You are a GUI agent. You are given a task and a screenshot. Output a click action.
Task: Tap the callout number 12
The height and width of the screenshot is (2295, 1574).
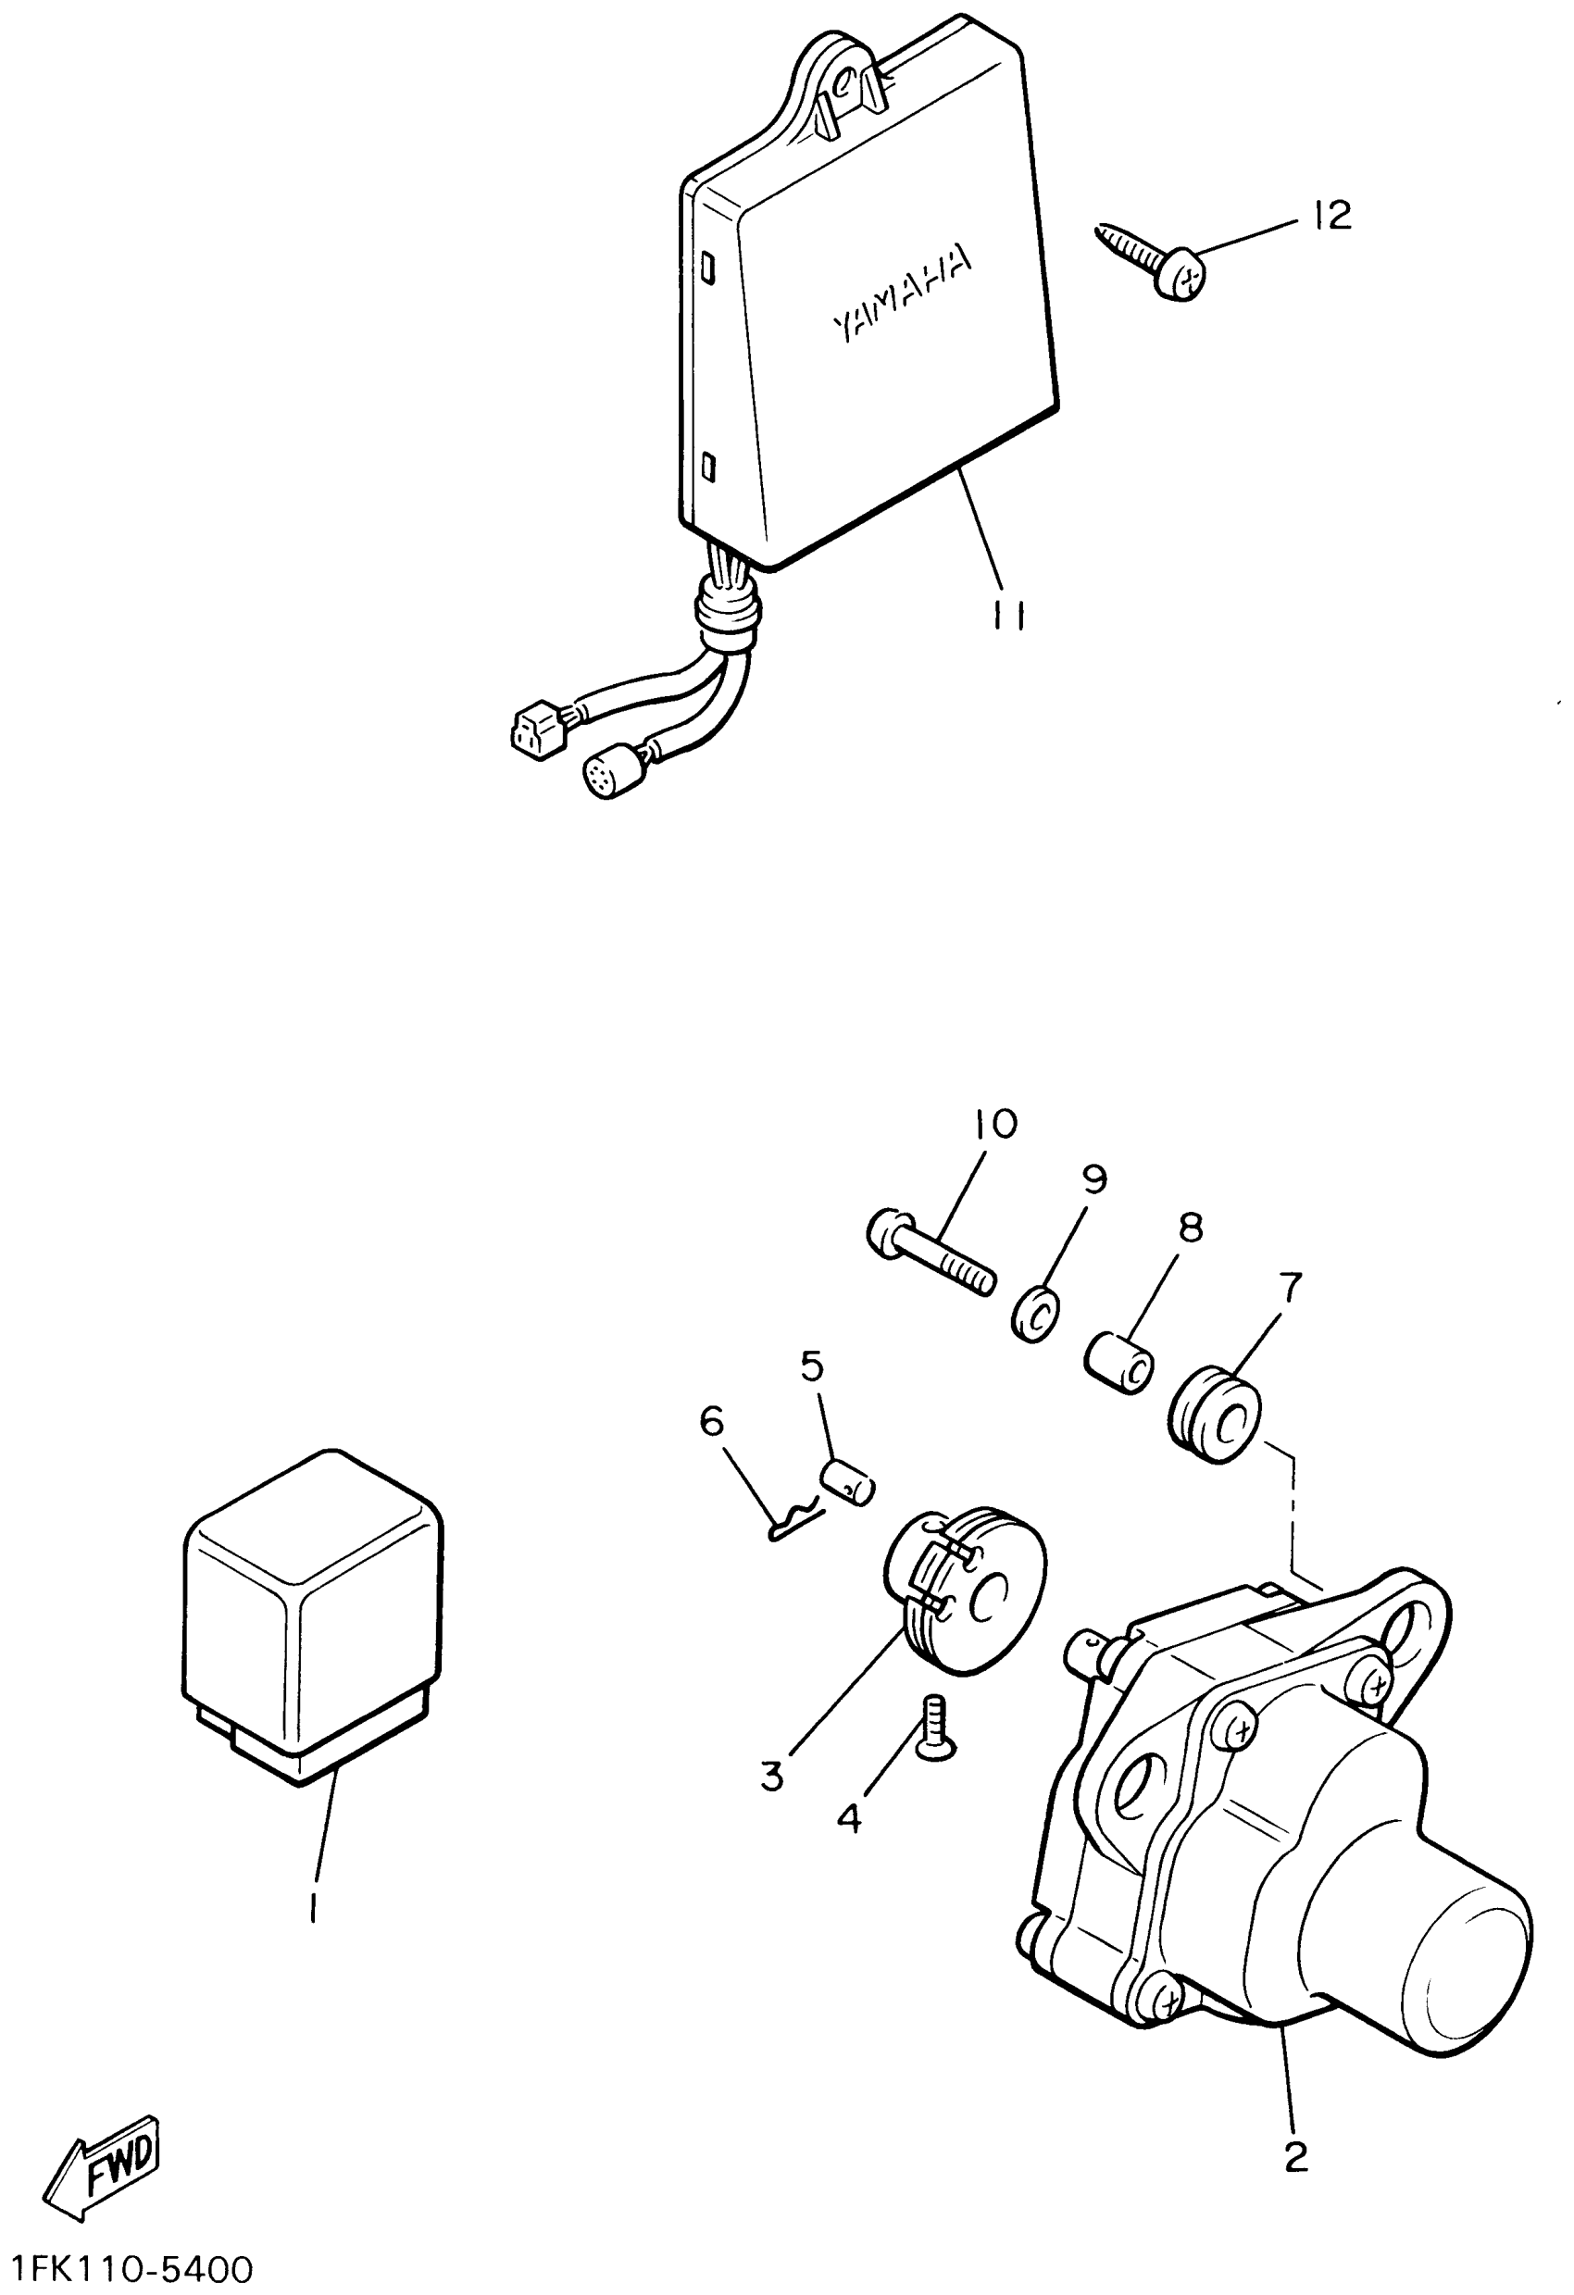click(1332, 216)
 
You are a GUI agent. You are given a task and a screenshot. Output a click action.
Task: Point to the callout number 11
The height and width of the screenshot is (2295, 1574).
click(1008, 617)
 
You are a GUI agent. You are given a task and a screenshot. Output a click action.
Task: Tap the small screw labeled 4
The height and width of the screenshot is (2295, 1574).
click(933, 1724)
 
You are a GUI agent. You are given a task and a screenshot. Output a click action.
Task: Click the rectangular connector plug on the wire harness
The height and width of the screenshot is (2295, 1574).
click(534, 730)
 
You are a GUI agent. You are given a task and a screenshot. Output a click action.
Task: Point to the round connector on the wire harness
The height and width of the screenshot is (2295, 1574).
click(607, 774)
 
